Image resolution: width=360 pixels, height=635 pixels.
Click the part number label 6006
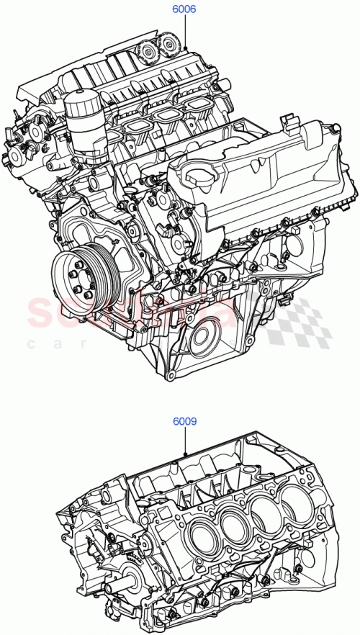point(184,11)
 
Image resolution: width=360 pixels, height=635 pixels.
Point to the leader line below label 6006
point(185,33)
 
